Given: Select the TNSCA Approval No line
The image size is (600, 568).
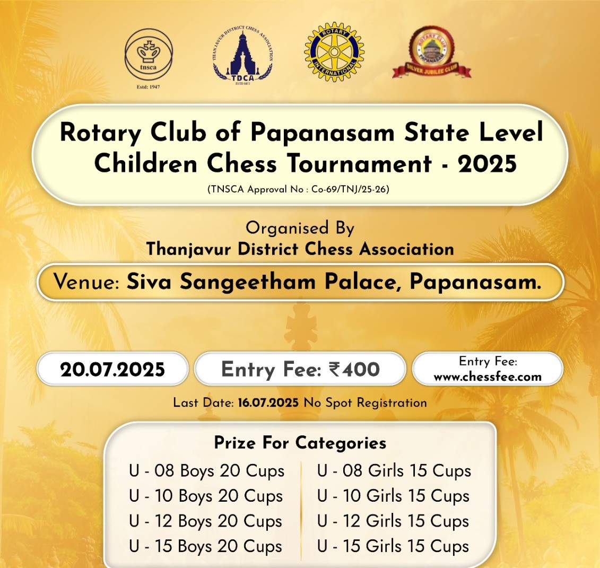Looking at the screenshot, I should [x=299, y=189].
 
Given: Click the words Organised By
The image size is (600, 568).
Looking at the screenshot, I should [x=300, y=229].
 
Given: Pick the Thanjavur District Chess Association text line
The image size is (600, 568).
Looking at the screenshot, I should [x=300, y=249].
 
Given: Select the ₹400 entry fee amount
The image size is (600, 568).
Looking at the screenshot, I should [x=354, y=370].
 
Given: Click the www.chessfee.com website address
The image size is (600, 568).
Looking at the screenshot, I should [x=488, y=377].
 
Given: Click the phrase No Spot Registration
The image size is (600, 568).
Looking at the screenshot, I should [x=365, y=403].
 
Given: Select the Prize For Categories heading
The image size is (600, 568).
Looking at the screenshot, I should [x=300, y=443].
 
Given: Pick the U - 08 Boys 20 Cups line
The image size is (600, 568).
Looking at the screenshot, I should [x=206, y=471].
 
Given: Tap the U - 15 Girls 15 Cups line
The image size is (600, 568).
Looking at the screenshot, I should [x=393, y=547].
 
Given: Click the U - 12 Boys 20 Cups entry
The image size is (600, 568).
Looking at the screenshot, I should [x=205, y=521].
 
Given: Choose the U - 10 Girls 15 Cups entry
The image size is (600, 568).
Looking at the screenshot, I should [x=393, y=496].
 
